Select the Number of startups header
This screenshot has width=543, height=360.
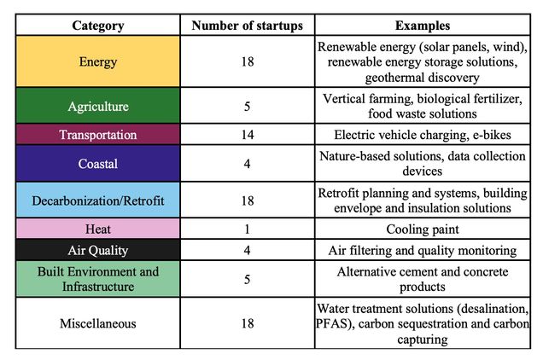click(247, 25)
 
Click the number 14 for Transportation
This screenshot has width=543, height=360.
click(247, 135)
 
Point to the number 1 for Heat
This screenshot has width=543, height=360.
click(247, 229)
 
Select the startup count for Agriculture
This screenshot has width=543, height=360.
click(247, 107)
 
